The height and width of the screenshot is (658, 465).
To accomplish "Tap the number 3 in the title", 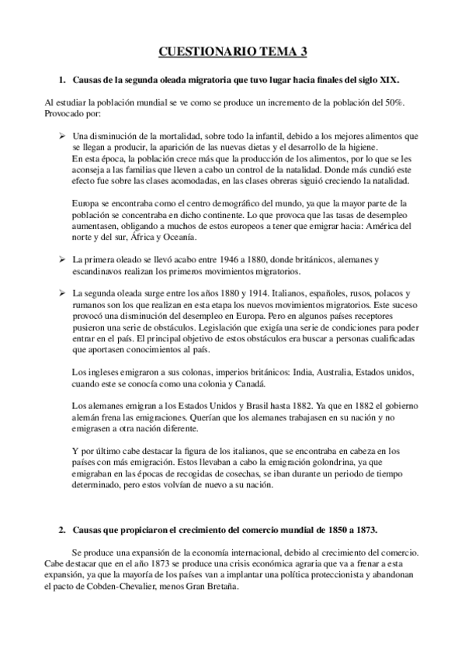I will coord(303,52).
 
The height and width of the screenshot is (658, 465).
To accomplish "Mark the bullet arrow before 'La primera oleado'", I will coord(63,260).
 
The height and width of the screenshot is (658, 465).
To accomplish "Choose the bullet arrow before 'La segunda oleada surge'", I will coord(63,293).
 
